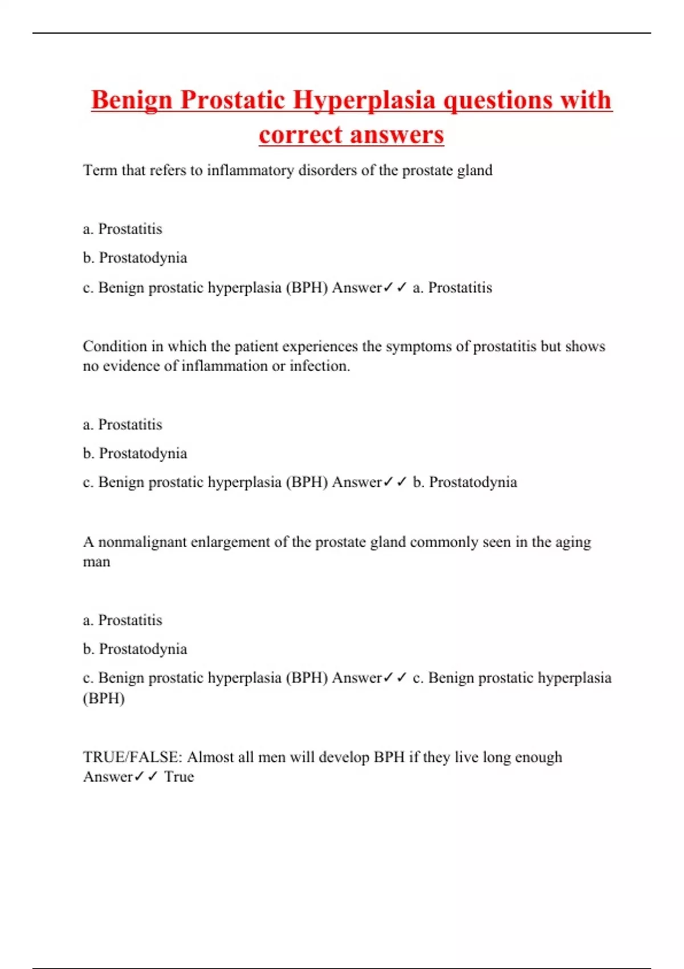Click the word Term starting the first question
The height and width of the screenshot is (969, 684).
pyautogui.click(x=100, y=170)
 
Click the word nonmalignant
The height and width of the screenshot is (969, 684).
pyautogui.click(x=142, y=542)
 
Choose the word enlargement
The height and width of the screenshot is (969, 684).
pyautogui.click(x=230, y=542)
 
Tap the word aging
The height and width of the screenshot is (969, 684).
pyautogui.click(x=573, y=542)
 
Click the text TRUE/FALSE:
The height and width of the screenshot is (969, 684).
pyautogui.click(x=133, y=757)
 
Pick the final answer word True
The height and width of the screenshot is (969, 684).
pyautogui.click(x=179, y=777)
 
